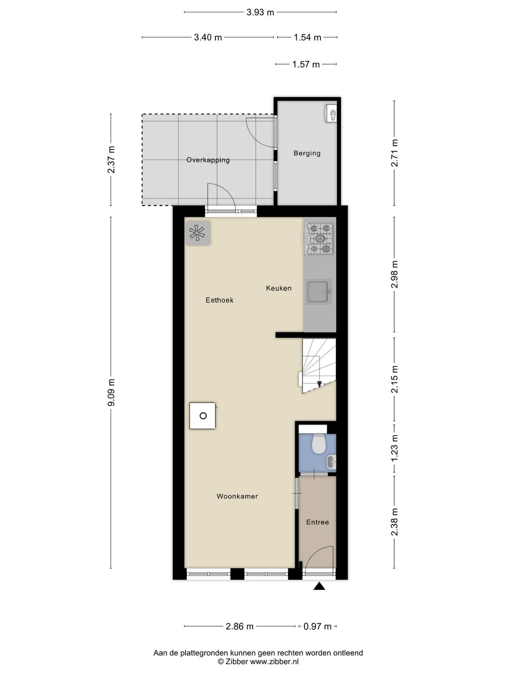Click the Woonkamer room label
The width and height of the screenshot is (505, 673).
[237, 496]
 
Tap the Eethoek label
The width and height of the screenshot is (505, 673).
[220, 300]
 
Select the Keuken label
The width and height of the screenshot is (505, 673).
[279, 288]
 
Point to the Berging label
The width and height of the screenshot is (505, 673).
[307, 153]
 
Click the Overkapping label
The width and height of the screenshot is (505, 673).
[208, 160]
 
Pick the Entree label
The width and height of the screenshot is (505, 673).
[317, 522]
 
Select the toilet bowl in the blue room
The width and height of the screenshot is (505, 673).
[319, 444]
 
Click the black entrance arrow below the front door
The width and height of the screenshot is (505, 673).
[319, 586]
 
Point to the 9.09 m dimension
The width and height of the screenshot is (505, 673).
[111, 393]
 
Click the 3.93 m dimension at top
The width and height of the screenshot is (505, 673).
[260, 13]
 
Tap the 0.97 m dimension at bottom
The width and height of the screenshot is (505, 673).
[317, 626]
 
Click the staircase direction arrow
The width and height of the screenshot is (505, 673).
[319, 384]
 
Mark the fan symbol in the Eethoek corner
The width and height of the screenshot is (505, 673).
[198, 232]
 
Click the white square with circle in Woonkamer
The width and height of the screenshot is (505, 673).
[202, 416]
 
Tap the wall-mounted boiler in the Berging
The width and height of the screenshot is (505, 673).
[331, 114]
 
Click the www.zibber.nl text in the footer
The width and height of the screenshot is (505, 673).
[274, 661]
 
